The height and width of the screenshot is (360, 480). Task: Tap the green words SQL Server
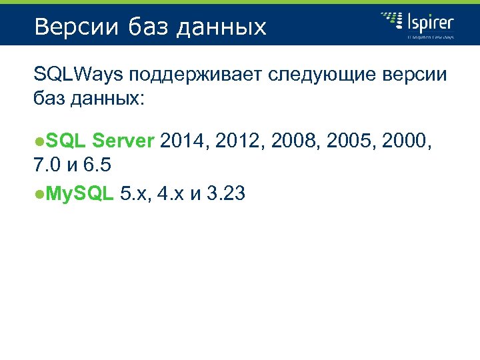pos(101,141)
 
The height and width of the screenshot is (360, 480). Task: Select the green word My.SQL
pos(81,194)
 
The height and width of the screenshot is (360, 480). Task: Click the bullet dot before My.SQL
pos(40,195)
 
